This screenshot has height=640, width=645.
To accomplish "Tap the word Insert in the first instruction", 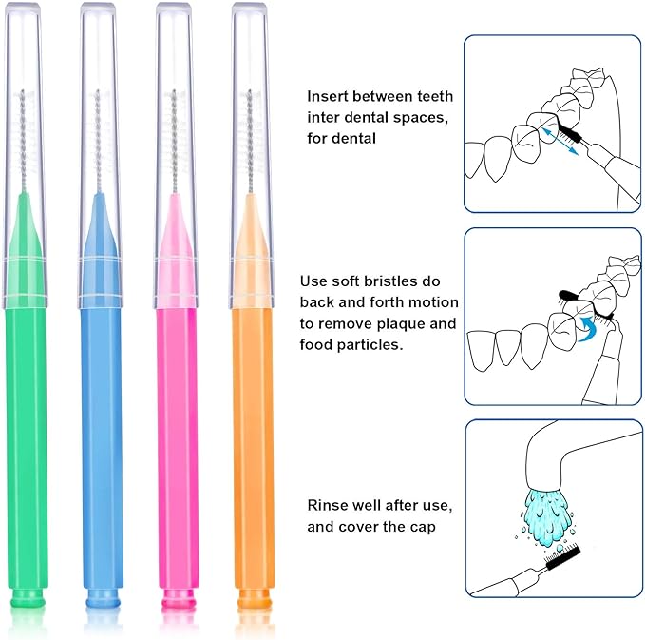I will [328, 96].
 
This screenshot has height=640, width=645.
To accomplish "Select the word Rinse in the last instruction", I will [328, 504].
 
